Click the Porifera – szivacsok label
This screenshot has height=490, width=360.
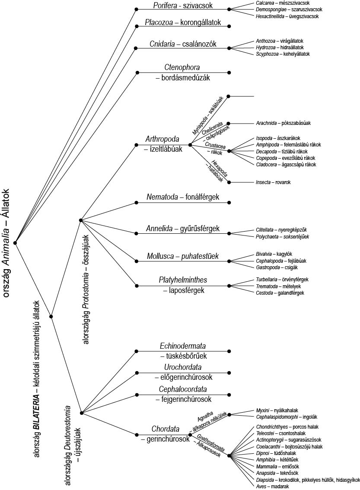(x=183, y=5)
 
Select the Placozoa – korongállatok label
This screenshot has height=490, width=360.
(x=183, y=22)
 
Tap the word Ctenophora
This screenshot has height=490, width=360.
(x=182, y=67)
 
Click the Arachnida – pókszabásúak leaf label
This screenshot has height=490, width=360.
(x=284, y=123)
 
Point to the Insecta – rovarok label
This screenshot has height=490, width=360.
(x=273, y=182)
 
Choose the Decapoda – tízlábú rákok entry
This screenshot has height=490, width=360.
(x=282, y=152)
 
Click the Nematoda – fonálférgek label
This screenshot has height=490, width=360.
(x=183, y=197)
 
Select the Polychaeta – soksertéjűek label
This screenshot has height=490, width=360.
(x=283, y=237)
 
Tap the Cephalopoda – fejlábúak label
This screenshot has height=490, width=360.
(x=281, y=261)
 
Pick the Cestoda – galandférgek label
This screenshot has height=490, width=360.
(x=280, y=293)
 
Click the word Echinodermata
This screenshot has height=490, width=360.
(x=183, y=346)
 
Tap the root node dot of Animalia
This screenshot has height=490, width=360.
(x=15, y=242)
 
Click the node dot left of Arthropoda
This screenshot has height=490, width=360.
(x=136, y=145)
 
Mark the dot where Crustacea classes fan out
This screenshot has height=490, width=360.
(x=229, y=151)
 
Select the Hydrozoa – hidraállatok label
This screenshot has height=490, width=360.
(x=280, y=48)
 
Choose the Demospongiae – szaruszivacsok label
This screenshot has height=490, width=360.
(x=289, y=10)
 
